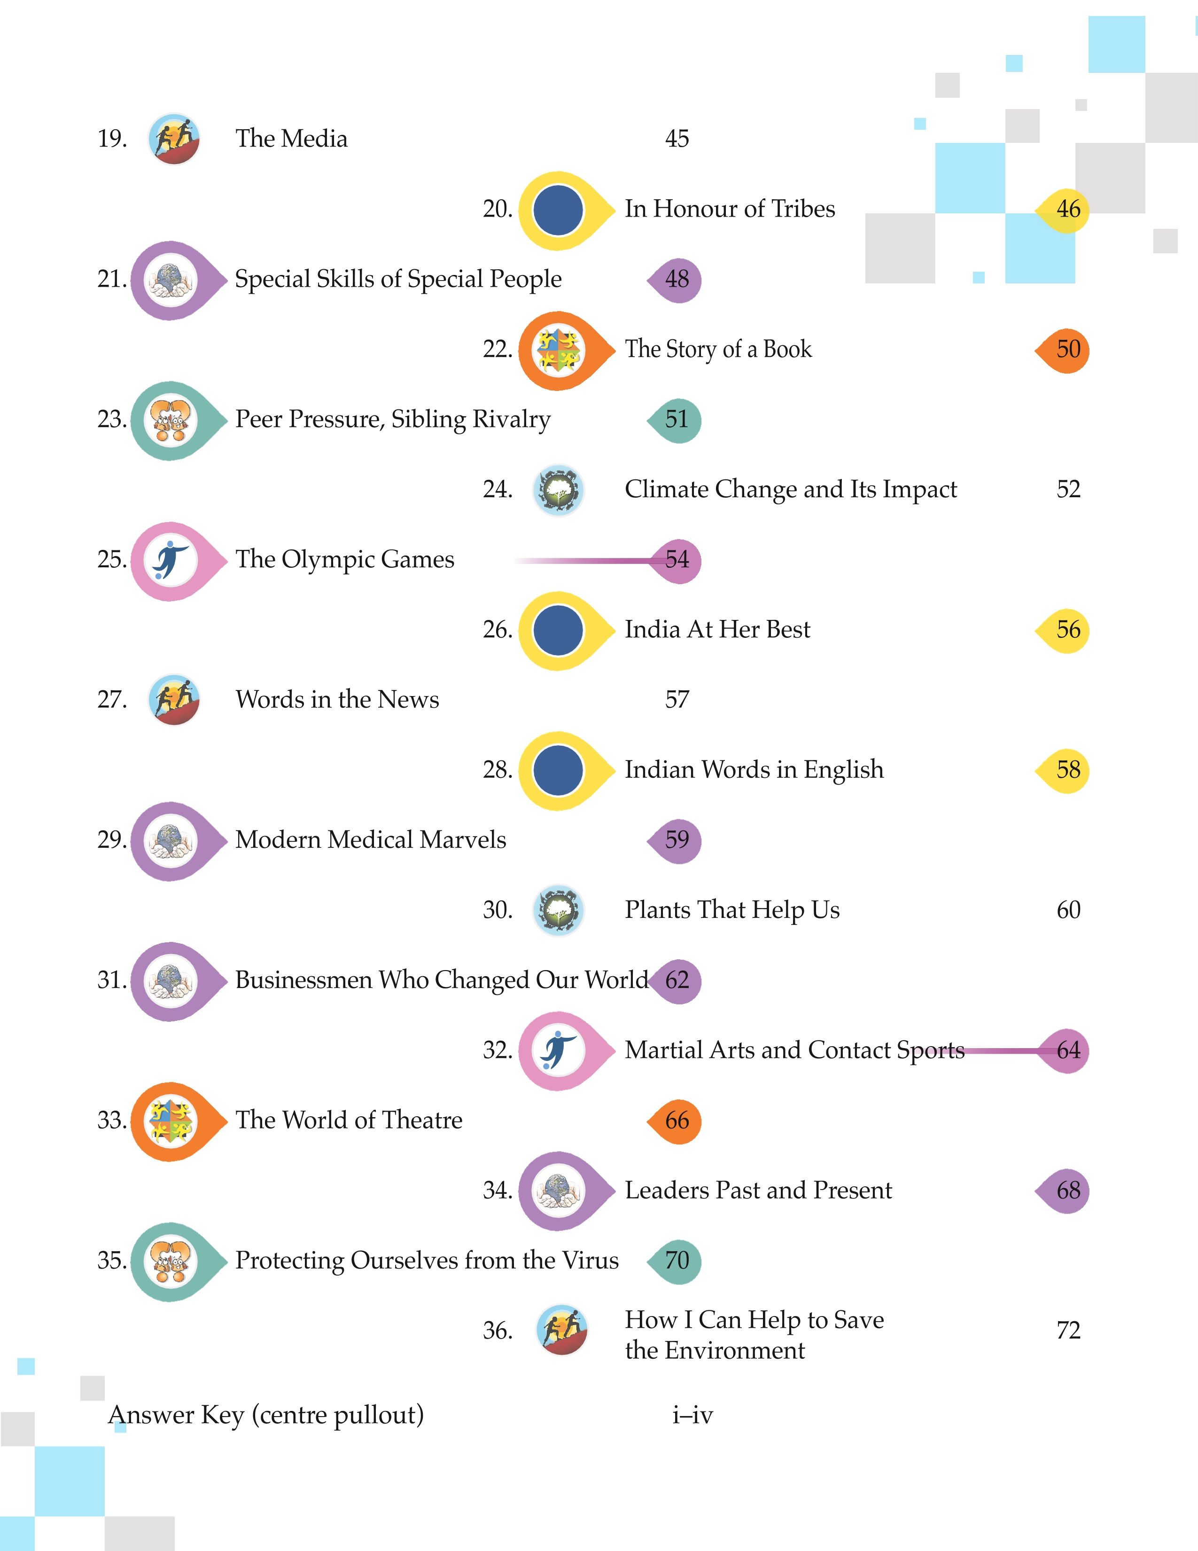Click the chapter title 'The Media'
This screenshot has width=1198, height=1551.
coord(292,139)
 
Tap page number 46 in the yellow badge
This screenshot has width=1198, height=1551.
coord(1068,209)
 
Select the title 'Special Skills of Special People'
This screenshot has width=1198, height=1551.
coord(398,279)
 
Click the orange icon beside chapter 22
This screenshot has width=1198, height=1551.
coord(566,351)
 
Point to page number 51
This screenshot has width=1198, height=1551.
coord(677,419)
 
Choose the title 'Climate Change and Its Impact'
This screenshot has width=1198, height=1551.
coord(791,489)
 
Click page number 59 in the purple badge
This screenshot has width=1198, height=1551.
coord(677,839)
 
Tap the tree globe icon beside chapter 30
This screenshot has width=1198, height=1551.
coord(559,910)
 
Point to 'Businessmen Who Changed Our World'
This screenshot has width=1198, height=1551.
coord(442,980)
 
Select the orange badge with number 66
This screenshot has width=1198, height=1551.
coord(674,1120)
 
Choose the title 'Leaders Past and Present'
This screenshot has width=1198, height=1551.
coord(758,1190)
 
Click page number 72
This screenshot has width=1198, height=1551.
coord(1068,1330)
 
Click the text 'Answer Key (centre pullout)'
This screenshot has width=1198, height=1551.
coord(266,1415)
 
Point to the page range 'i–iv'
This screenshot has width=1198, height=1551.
coord(692,1415)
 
